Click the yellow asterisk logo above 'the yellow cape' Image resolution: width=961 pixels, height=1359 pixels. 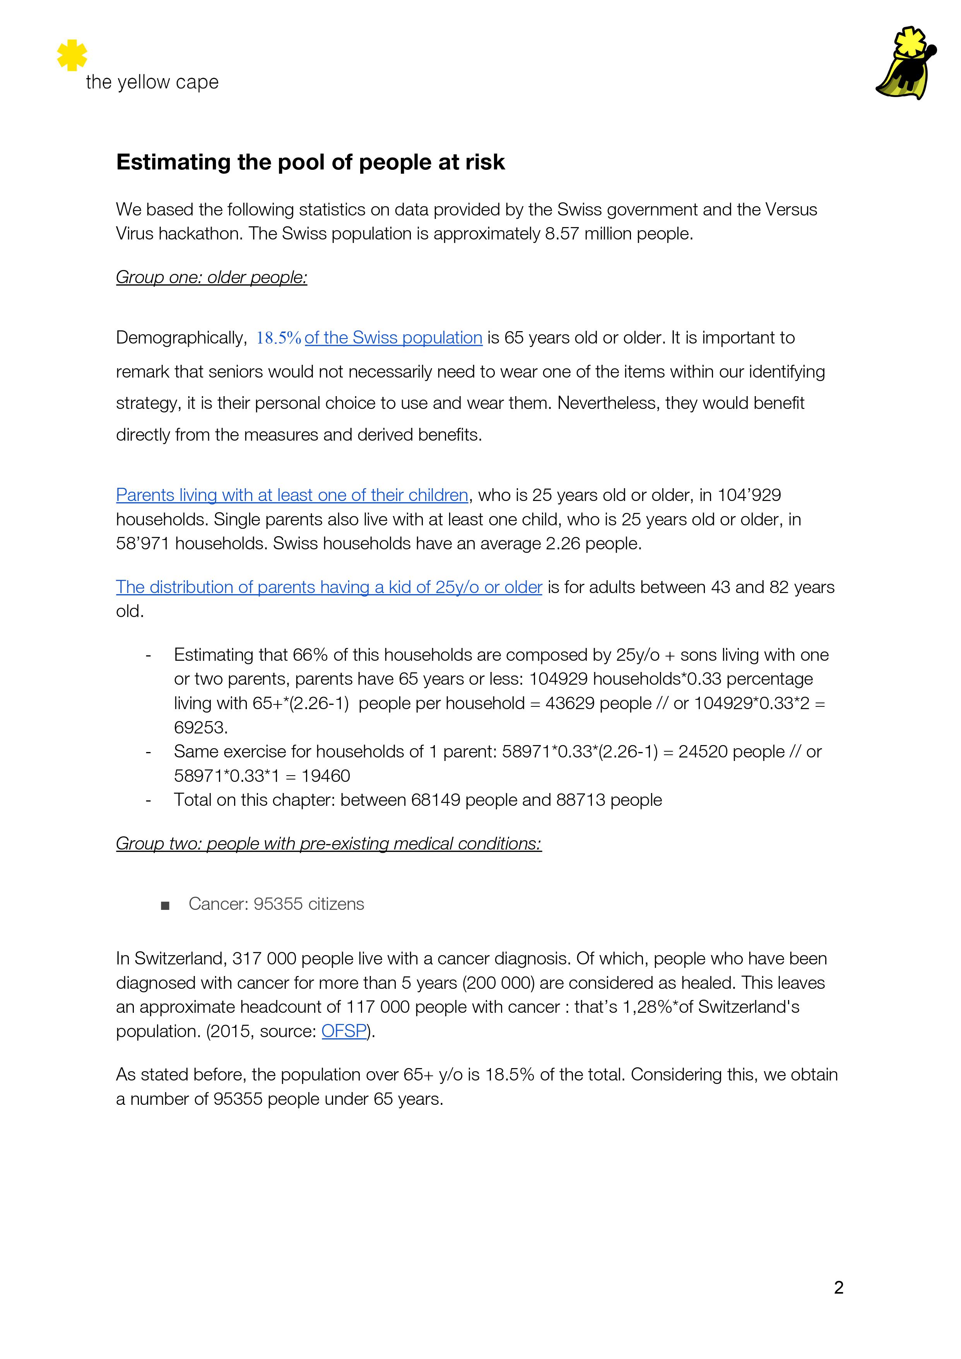72,55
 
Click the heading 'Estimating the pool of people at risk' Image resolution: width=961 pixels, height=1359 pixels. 310,162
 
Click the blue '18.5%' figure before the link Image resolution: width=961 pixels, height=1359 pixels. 278,338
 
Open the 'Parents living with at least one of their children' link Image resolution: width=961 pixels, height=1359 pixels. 292,495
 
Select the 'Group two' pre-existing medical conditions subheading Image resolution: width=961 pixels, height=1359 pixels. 328,843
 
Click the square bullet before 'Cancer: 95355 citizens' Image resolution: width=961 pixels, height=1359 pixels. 165,905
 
